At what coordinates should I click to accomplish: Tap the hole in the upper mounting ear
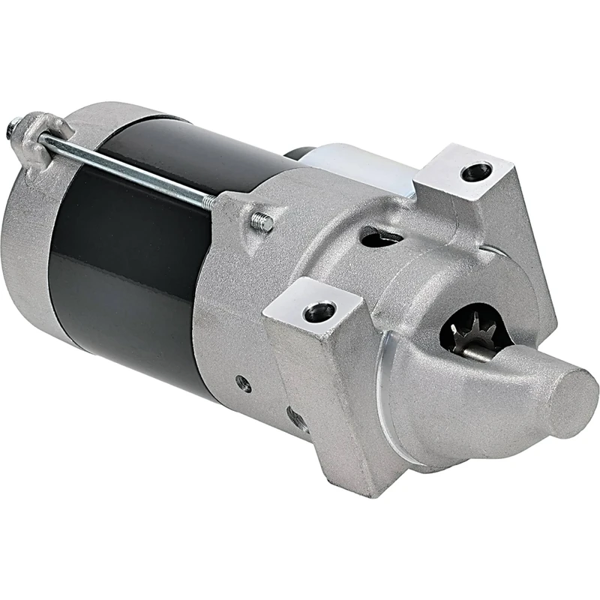(x=475, y=172)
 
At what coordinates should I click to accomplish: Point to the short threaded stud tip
(x=262, y=222)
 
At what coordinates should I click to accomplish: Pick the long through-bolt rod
(x=127, y=166)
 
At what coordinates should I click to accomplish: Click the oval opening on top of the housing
(x=379, y=238)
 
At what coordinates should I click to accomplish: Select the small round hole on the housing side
(x=242, y=382)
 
